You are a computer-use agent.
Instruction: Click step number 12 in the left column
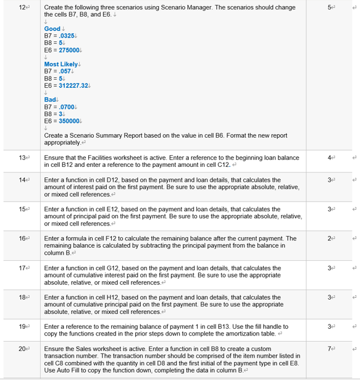click(x=22, y=7)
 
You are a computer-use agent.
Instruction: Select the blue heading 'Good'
click(x=52, y=29)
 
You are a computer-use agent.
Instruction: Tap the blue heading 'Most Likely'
click(x=61, y=64)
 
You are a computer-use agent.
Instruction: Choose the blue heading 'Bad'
click(x=50, y=99)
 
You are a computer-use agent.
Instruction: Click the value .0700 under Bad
click(x=65, y=106)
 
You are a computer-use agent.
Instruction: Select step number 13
click(x=22, y=158)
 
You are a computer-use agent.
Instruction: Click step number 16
click(x=22, y=238)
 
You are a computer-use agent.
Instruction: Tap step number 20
click(x=22, y=349)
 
